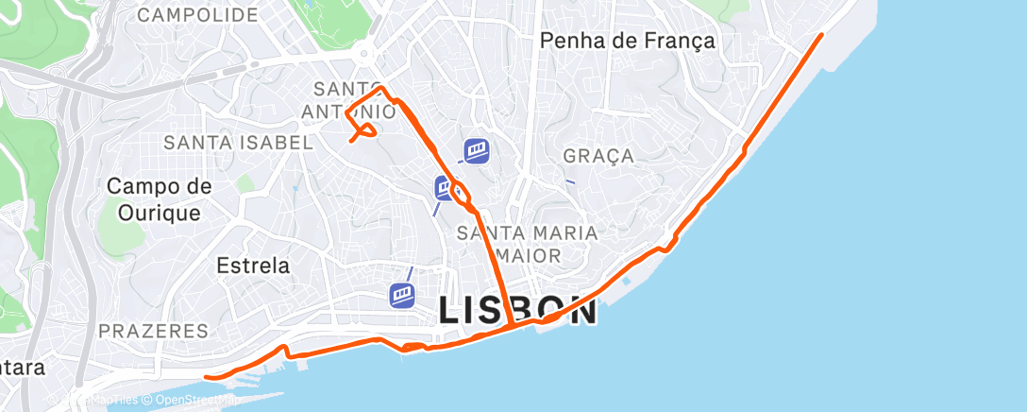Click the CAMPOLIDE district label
pyautogui.click(x=197, y=15)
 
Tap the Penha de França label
pyautogui.click(x=627, y=41)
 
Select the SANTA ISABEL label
pyautogui.click(x=238, y=143)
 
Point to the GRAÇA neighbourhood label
pyautogui.click(x=598, y=156)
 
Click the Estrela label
pyautogui.click(x=253, y=266)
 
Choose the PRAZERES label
pyautogui.click(x=153, y=331)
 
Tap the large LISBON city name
pyautogui.click(x=518, y=309)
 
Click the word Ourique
pyautogui.click(x=160, y=213)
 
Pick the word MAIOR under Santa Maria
pyautogui.click(x=528, y=255)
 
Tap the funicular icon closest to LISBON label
pyautogui.click(x=403, y=295)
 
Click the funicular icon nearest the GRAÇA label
pyautogui.click(x=477, y=150)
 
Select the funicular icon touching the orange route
pyautogui.click(x=446, y=188)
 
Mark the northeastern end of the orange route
pyautogui.click(x=821, y=35)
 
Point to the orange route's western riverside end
pyautogui.click(x=207, y=376)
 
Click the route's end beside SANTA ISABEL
pyautogui.click(x=352, y=141)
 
